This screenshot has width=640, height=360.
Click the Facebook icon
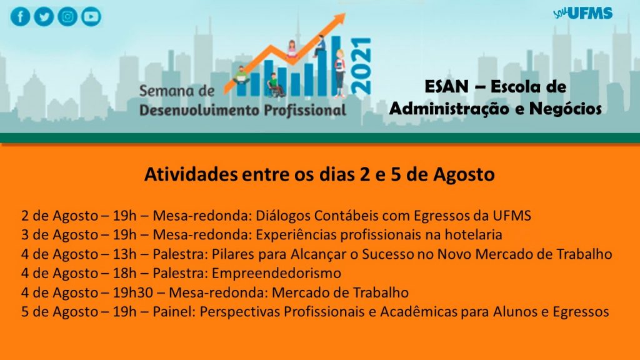[x=21, y=17]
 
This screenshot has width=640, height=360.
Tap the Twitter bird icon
[x=44, y=17]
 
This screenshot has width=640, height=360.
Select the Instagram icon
[x=67, y=17]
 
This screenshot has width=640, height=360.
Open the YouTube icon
[x=91, y=17]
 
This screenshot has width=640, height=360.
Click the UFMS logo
[x=583, y=13]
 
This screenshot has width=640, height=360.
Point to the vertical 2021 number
[x=361, y=66]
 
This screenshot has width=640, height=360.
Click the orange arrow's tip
[x=345, y=14]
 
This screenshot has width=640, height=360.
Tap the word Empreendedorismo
[x=276, y=273]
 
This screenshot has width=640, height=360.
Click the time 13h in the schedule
[x=124, y=254]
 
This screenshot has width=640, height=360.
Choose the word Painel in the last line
[x=174, y=311]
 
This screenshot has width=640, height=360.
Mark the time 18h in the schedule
[x=124, y=273]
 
